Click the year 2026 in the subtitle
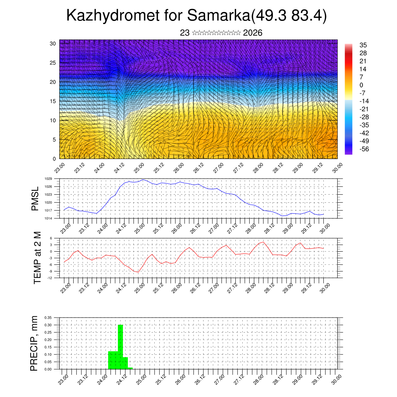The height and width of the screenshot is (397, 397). [253, 33]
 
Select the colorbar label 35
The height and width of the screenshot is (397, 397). [363, 45]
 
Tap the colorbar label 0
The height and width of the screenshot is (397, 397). [361, 85]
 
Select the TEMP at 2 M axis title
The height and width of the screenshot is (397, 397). [37, 257]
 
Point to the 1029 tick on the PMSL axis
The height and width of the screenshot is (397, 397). [48, 179]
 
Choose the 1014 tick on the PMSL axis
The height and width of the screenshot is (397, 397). [48, 219]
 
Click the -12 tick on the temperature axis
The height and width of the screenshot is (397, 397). [50, 278]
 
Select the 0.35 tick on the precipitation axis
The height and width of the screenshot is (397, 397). [48, 318]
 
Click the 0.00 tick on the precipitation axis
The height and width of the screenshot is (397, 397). [48, 369]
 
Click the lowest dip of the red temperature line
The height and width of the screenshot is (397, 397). [137, 272]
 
